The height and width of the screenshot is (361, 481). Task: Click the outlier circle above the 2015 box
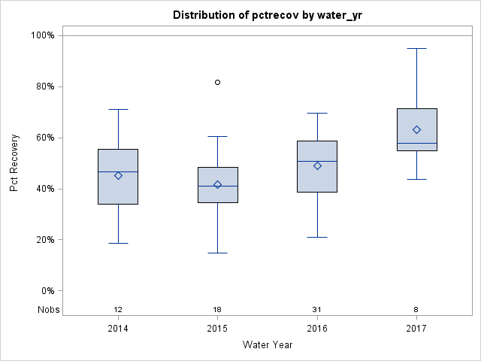(218, 82)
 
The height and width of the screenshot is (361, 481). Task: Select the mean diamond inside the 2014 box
(118, 175)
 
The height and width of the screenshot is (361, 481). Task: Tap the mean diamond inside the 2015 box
(218, 184)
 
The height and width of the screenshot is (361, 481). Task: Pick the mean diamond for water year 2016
(317, 165)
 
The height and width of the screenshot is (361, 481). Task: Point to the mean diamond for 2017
(417, 129)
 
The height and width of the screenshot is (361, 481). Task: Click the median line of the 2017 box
(417, 143)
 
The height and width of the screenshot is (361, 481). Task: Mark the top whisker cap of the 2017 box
(417, 48)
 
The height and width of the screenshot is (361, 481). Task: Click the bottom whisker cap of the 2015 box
(218, 253)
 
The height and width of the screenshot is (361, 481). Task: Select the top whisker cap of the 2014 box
(118, 109)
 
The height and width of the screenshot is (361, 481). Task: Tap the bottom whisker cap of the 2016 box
(317, 237)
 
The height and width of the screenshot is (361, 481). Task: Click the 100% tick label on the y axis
(42, 35)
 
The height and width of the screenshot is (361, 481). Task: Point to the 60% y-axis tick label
(44, 138)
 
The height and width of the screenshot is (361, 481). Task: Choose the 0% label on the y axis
(47, 291)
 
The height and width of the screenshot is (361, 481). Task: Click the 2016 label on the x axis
(317, 329)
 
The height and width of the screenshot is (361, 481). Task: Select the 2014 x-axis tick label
(118, 329)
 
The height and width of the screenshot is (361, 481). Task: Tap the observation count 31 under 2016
(317, 310)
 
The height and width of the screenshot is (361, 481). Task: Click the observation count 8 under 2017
(417, 310)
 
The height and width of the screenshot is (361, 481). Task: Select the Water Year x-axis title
(267, 345)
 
